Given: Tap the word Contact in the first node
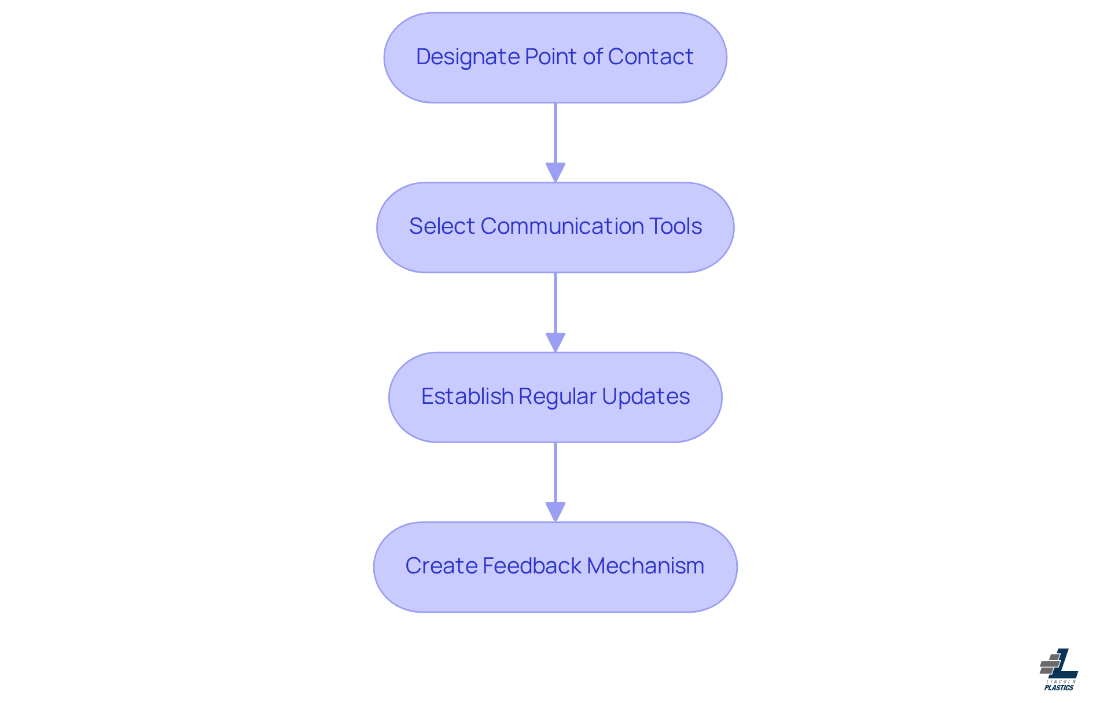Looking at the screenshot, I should (650, 57).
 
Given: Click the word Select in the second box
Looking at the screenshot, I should (442, 226).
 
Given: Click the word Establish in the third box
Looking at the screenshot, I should (467, 396).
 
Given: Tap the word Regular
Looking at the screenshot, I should (557, 396).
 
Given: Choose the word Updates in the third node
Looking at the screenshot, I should (645, 396).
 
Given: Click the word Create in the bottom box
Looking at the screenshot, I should (441, 566).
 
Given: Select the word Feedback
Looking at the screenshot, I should (532, 566).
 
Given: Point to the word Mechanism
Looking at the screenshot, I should (645, 566).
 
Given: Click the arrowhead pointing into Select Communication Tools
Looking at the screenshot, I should (555, 172).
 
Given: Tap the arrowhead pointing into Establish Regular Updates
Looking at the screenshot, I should (555, 342).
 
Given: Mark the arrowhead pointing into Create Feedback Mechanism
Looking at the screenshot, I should (555, 511).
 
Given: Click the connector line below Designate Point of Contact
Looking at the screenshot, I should (555, 133).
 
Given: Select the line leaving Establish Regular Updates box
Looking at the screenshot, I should (555, 472).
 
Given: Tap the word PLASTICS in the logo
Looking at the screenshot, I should (1059, 688).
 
